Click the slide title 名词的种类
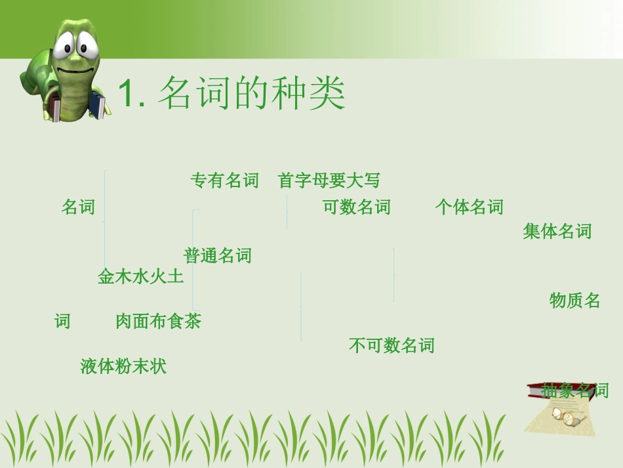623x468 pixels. coord(252,94)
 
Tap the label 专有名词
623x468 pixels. coord(224,181)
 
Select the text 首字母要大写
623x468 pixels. coord(329,181)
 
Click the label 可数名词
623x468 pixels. coord(357,207)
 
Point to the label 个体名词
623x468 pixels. coord(469,207)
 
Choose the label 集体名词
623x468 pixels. coord(557,231)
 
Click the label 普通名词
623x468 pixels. coord(218,255)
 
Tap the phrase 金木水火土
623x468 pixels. coord(140,276)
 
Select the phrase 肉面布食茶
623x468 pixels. coord(158,322)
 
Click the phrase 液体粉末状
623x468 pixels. coord(123,366)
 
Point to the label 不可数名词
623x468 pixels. coord(392,345)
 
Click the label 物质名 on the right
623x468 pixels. coord(574,301)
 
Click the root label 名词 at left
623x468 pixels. coord(78,207)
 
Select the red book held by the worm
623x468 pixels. coord(57,110)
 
